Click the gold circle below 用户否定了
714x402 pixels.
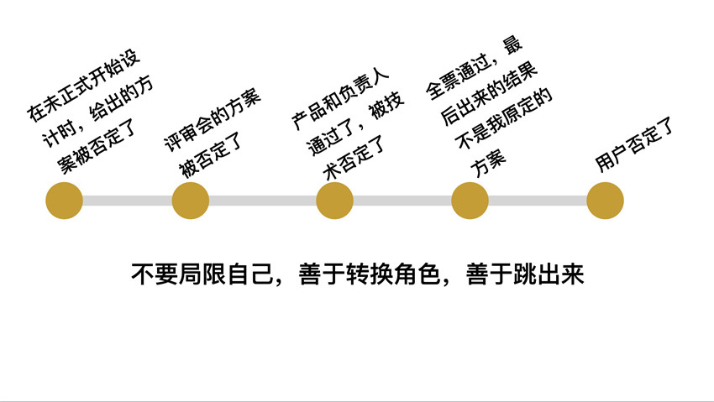pyautogui.click(x=605, y=201)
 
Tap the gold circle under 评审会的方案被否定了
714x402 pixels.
pyautogui.click(x=190, y=201)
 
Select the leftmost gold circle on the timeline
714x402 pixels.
pyautogui.click(x=64, y=201)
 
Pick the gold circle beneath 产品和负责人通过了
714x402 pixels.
pyautogui.click(x=334, y=201)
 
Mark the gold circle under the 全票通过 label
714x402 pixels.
pyautogui.click(x=470, y=201)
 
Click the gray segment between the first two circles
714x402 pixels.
pyautogui.click(x=127, y=201)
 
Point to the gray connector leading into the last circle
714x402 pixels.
pyautogui.click(x=538, y=201)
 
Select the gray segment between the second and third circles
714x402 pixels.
pyautogui.click(x=262, y=201)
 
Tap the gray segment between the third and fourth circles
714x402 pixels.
pyautogui.click(x=402, y=201)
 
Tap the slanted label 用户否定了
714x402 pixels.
pyautogui.click(x=636, y=147)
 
